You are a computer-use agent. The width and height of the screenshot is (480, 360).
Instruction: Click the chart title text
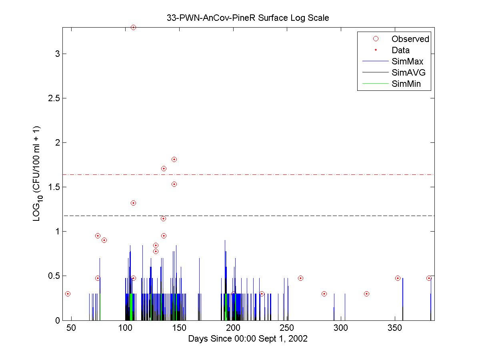248,18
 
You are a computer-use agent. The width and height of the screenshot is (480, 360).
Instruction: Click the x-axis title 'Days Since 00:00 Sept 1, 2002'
248,339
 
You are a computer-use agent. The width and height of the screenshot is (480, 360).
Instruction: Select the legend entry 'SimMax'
407,62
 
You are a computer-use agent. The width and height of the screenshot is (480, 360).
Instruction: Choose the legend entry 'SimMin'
406,84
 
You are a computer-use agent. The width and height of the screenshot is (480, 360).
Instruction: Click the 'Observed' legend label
410,39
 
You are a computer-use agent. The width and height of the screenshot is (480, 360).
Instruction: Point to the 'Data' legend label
400,50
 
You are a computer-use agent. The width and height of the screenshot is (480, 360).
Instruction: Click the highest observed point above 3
133,27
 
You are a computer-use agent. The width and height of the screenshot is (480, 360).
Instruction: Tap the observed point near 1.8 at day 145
174,159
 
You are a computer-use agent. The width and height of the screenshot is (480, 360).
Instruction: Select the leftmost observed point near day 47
68,294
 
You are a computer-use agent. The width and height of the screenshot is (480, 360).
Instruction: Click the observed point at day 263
300,278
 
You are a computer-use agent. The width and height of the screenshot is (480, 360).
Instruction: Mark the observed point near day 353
398,278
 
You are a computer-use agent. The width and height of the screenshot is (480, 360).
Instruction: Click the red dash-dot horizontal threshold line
280,174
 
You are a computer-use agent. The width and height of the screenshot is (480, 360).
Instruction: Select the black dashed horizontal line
280,216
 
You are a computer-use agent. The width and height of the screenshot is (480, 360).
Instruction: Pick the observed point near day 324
366,294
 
